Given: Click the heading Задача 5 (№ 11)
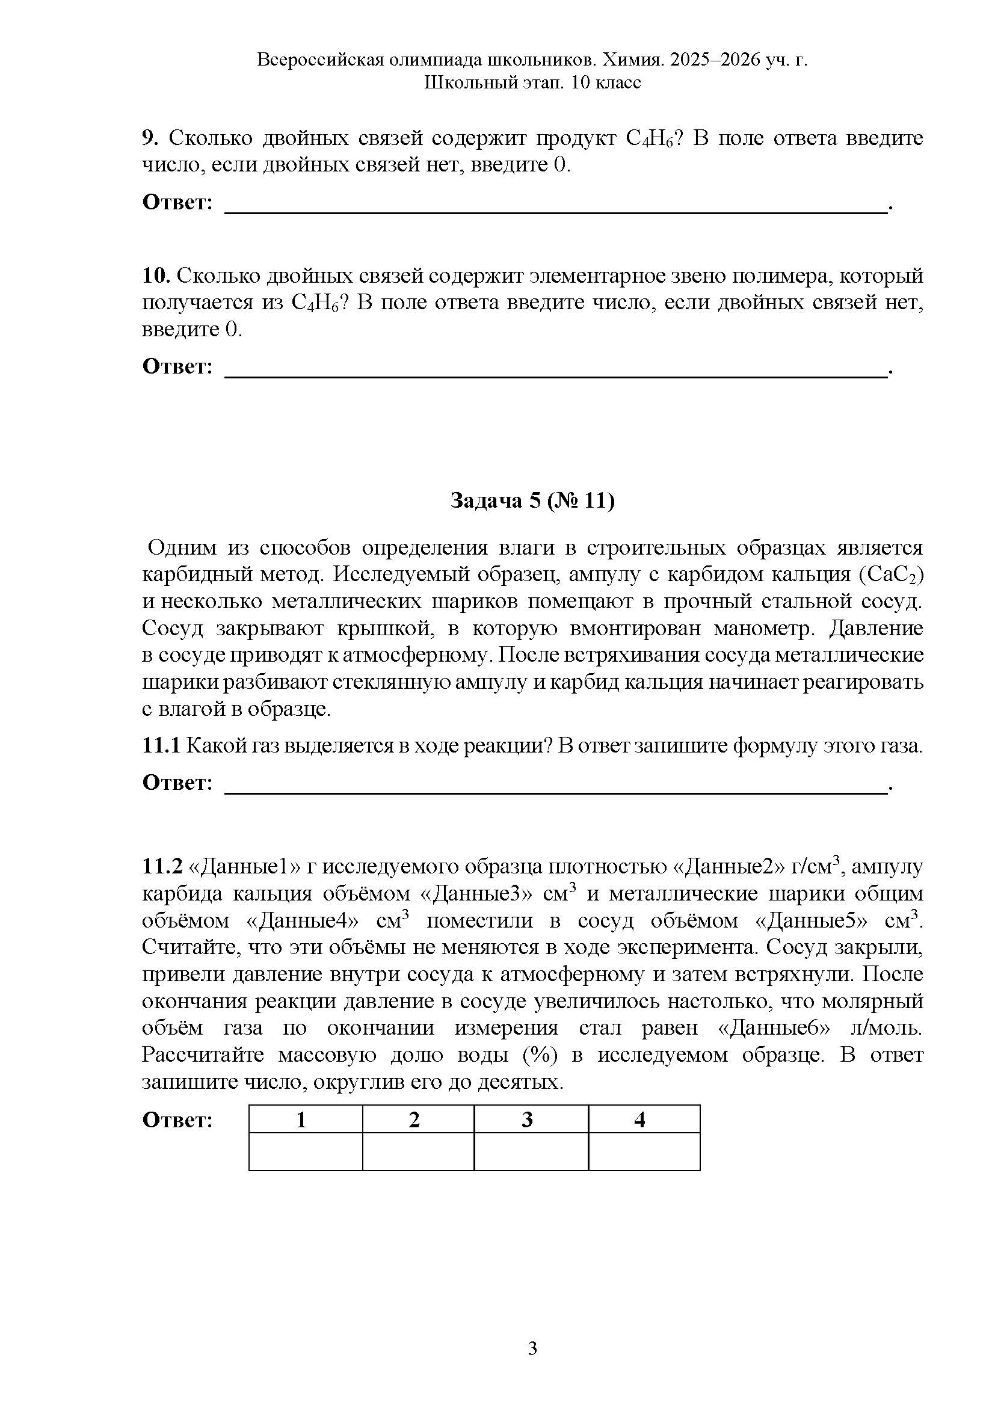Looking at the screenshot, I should coord(532,500).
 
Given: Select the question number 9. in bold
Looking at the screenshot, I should coord(150,138).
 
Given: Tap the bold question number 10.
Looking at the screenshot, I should coord(156,276).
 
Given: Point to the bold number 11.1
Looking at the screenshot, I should coord(161,746).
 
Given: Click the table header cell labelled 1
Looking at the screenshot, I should coord(301,1120).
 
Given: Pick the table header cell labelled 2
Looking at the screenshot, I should coord(414,1120).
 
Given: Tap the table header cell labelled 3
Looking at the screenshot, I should coord(527,1120).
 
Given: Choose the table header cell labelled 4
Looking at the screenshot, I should coord(639,1120).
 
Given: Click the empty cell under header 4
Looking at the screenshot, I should coord(643,1152).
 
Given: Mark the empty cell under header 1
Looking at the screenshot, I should coord(305,1152).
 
